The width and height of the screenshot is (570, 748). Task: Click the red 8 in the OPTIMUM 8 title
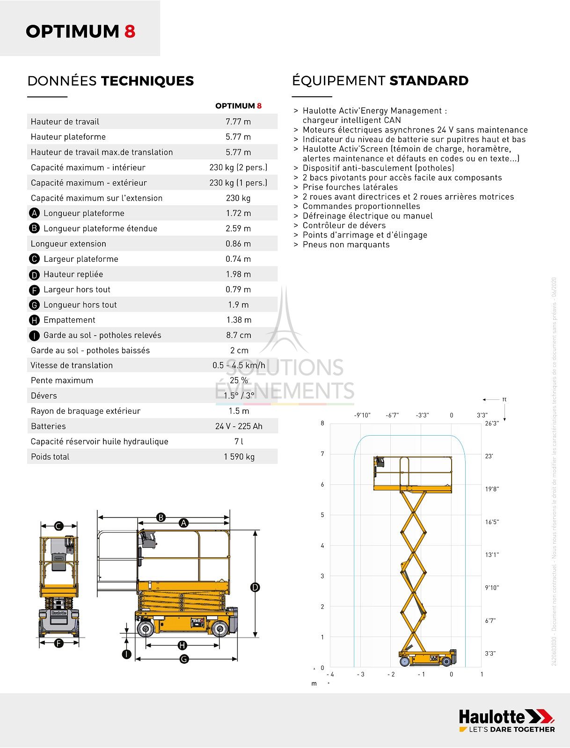pos(130,31)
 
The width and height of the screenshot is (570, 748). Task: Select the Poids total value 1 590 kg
pos(239,457)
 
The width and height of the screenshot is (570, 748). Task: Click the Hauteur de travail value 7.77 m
pos(238,122)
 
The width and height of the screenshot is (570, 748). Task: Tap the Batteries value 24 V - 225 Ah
pos(239,426)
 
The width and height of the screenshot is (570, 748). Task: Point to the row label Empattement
pos(69,320)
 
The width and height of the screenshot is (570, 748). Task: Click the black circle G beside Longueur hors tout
pos(34,305)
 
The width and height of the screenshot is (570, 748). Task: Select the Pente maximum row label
pos(62,381)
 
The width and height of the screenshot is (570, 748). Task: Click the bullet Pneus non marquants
pos(346,245)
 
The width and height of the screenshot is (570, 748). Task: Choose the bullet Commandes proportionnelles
pos(361,206)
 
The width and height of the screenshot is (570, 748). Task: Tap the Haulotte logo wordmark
pos(492,717)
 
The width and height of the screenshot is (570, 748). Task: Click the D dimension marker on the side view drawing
pos(255,587)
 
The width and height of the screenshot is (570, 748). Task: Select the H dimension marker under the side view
pos(183,646)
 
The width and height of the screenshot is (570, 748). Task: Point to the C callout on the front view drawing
pos(59,526)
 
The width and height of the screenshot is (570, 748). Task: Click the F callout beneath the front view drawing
pos(59,643)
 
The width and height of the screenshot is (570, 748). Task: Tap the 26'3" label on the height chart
pos(492,423)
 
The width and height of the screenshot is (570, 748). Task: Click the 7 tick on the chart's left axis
pos(322,454)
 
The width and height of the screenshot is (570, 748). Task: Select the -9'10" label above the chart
pos(362,415)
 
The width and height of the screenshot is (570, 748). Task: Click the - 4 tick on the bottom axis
pos(330,674)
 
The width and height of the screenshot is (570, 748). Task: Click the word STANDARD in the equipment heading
pos(429,81)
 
